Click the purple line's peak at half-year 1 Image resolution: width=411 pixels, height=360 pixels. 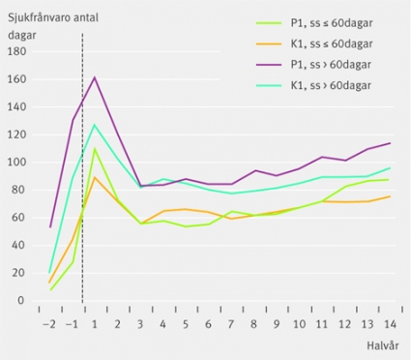click(95, 77)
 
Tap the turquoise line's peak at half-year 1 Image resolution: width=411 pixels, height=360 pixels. click(95, 125)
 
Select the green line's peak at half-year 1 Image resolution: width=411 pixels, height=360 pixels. click(95, 148)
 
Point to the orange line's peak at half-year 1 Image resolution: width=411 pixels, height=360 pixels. click(95, 177)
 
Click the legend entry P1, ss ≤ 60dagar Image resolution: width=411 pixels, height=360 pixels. click(314, 23)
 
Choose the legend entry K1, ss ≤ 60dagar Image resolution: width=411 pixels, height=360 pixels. click(314, 44)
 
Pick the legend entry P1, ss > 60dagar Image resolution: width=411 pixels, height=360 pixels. click(314, 65)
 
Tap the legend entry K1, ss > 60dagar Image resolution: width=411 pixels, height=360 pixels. click(314, 85)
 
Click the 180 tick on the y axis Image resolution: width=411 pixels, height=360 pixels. click(16, 51)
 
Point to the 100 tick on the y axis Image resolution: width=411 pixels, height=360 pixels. click(16, 163)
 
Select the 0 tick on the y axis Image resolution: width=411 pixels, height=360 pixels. click(21, 301)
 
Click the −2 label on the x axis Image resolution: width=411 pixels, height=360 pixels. click(49, 324)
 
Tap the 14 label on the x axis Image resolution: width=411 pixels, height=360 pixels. click(390, 324)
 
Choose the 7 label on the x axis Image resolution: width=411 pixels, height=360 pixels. click(231, 324)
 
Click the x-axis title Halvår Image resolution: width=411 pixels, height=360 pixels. click(383, 345)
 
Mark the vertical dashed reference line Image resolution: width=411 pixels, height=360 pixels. click(82, 168)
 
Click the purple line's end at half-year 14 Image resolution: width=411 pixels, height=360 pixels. click(390, 143)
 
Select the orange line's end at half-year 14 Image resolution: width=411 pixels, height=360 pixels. click(390, 196)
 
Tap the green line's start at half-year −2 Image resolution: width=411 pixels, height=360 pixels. click(50, 289)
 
